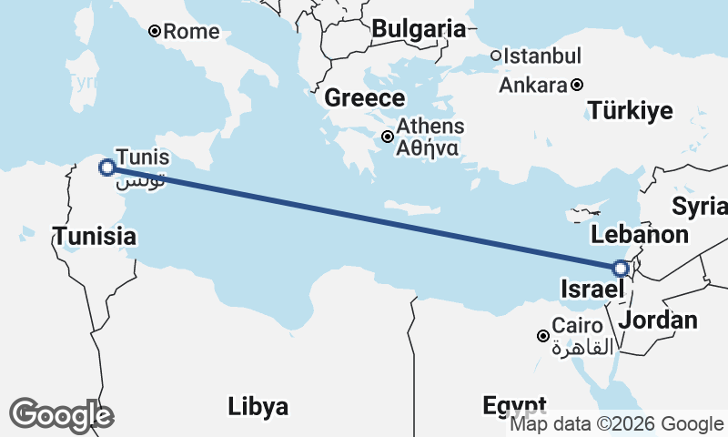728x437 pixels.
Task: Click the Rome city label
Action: click(191, 32)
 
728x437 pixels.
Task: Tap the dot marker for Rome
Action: click(155, 31)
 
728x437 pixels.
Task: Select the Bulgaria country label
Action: click(419, 29)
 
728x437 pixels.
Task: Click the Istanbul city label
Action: click(541, 56)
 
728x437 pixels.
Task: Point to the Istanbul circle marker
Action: click(496, 56)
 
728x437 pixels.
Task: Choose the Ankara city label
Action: click(533, 86)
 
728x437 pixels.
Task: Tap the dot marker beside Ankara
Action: click(577, 86)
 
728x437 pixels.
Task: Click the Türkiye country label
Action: click(631, 111)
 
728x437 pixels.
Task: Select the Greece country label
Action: click(365, 98)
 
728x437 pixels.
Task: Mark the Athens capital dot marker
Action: click(388, 137)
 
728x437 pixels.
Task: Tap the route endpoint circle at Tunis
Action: click(106, 167)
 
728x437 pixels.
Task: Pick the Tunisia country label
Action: click(95, 237)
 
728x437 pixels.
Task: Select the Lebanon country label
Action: click(639, 235)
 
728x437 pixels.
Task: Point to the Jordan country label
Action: click(658, 320)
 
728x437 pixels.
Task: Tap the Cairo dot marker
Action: click(543, 336)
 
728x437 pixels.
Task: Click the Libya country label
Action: click(258, 405)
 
